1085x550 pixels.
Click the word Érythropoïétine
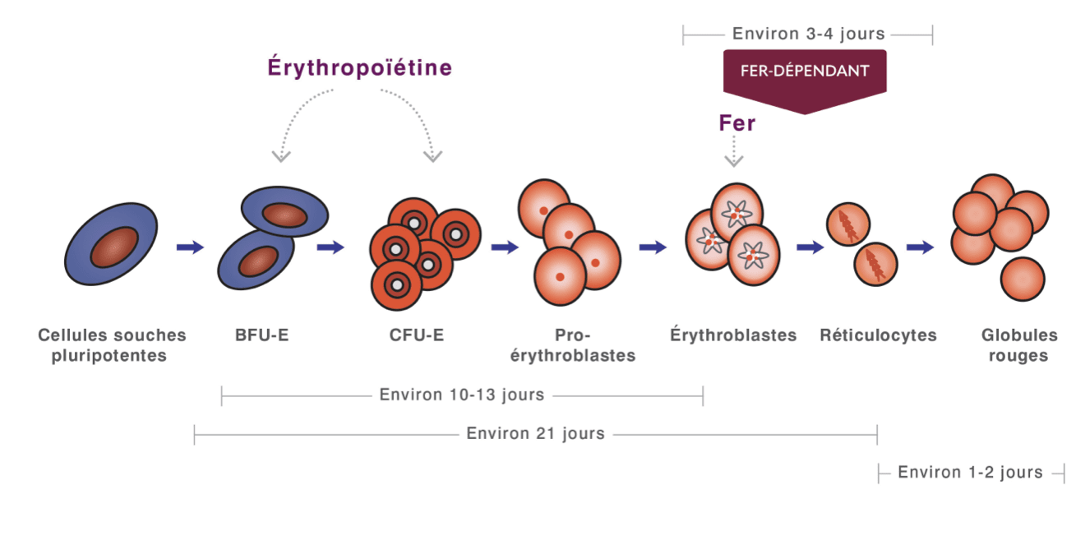coord(360,67)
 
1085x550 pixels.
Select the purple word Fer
coord(736,123)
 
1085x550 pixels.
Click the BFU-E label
coord(262,335)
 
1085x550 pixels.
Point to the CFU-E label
coord(417,335)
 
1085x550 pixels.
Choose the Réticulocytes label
coord(878,335)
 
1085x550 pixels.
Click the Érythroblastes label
coord(733,335)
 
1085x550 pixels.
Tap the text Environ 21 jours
coord(536,433)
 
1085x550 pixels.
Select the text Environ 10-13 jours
coord(462,395)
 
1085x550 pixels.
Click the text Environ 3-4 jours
coord(809,34)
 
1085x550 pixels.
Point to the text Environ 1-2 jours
coord(970,472)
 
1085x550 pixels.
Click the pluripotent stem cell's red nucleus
coord(114,247)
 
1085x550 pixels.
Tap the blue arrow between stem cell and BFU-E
coord(190,247)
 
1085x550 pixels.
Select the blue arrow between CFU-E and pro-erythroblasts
coord(505,247)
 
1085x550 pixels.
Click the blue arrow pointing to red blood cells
coord(920,247)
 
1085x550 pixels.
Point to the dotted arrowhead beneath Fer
coord(734,161)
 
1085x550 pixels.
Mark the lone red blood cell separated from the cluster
coord(1023,280)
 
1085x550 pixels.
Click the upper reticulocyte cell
coord(848,224)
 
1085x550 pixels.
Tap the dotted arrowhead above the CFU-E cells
coord(432,156)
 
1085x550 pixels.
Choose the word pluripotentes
coord(109,355)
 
